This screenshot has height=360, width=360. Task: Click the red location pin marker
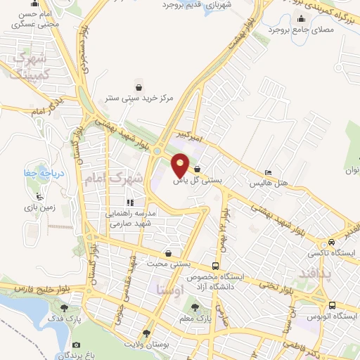pyautogui.click(x=181, y=165)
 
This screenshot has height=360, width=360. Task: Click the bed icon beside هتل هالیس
pyautogui.click(x=269, y=173)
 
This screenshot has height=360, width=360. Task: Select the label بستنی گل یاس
pyautogui.click(x=198, y=181)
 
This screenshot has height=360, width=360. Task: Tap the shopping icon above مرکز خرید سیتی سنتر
pyautogui.click(x=141, y=87)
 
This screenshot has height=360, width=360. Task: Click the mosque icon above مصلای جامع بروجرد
pyautogui.click(x=300, y=20)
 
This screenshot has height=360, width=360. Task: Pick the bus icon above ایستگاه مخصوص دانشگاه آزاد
pyautogui.click(x=214, y=266)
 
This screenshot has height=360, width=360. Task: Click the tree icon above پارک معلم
pyautogui.click(x=195, y=307)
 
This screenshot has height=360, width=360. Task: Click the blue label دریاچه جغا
pyautogui.click(x=34, y=171)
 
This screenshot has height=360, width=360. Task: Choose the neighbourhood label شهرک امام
pyautogui.click(x=114, y=179)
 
